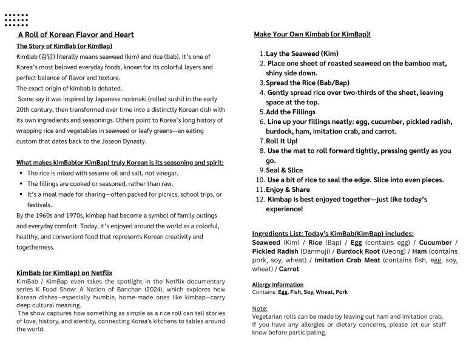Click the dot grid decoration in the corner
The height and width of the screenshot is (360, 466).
[x=16, y=19]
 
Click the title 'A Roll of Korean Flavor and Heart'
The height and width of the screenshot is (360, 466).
[x=76, y=35]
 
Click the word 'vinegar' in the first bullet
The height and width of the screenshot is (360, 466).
[x=164, y=173]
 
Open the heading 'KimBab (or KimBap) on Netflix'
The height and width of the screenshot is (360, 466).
[x=64, y=273]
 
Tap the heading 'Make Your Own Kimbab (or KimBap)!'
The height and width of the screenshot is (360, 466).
[x=312, y=34]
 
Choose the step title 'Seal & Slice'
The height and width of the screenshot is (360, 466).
[x=284, y=170]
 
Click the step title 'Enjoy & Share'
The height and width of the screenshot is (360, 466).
[x=287, y=189]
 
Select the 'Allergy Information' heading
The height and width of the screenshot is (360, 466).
[x=277, y=284]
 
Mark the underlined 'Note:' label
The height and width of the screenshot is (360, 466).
[x=260, y=308]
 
